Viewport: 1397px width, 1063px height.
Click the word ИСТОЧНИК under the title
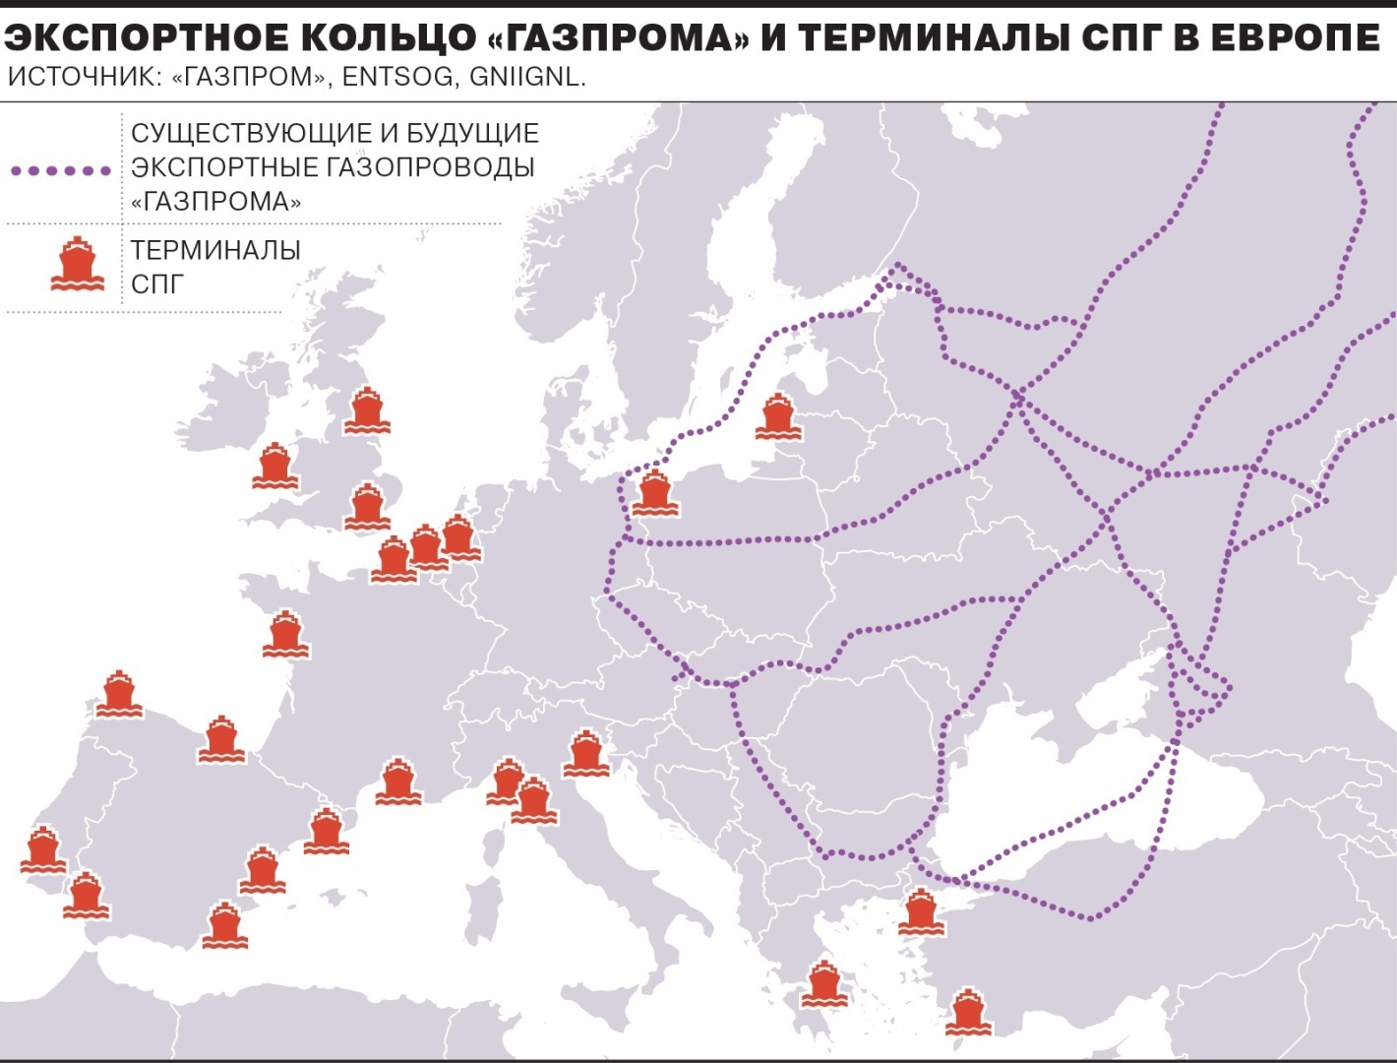click(81, 78)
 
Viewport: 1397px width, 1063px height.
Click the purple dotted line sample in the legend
click(61, 170)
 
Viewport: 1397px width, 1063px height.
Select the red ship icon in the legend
click(77, 265)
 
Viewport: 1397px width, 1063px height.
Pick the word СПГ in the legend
click(157, 284)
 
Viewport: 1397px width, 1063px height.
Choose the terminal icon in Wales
click(273, 467)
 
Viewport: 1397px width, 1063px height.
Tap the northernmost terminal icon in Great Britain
click(366, 410)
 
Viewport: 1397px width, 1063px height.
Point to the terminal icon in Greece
click(822, 984)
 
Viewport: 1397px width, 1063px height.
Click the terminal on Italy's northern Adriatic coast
click(586, 754)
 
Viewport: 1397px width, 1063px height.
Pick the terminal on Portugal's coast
click(42, 849)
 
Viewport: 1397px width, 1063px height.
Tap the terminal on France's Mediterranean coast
click(397, 782)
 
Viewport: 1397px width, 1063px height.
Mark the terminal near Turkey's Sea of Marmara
click(920, 912)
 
